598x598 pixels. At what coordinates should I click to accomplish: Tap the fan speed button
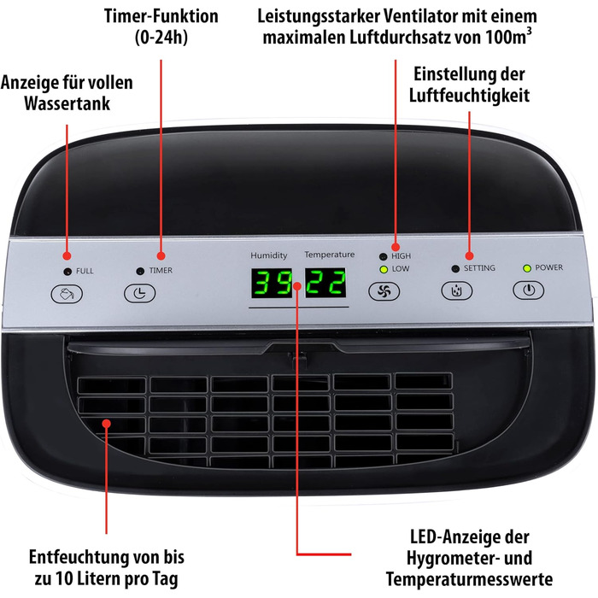click(x=384, y=291)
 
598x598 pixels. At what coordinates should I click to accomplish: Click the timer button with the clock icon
click(x=140, y=293)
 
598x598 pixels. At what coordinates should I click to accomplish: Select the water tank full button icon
click(x=67, y=294)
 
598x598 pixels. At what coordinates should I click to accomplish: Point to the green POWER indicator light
click(x=527, y=268)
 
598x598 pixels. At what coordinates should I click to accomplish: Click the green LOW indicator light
click(x=384, y=270)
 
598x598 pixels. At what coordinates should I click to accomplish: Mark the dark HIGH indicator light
click(x=384, y=256)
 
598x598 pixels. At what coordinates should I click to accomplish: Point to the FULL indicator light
click(x=67, y=272)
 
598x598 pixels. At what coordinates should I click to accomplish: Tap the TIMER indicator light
click(x=140, y=271)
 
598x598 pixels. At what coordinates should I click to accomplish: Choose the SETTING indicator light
click(x=455, y=269)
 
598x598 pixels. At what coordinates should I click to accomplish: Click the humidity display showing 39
click(x=272, y=283)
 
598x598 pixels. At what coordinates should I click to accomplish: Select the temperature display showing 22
click(x=325, y=282)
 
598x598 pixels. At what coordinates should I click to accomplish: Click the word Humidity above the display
click(x=269, y=255)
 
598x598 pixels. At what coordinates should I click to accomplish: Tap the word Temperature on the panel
click(x=330, y=255)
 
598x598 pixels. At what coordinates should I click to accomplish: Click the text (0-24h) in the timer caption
click(x=161, y=38)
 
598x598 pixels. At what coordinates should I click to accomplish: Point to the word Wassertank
click(x=67, y=103)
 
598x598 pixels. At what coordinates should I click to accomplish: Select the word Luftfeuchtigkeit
click(x=470, y=96)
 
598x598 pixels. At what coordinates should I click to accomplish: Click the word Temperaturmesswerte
click(x=470, y=579)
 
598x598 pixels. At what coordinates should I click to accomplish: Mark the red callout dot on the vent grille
click(x=107, y=424)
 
